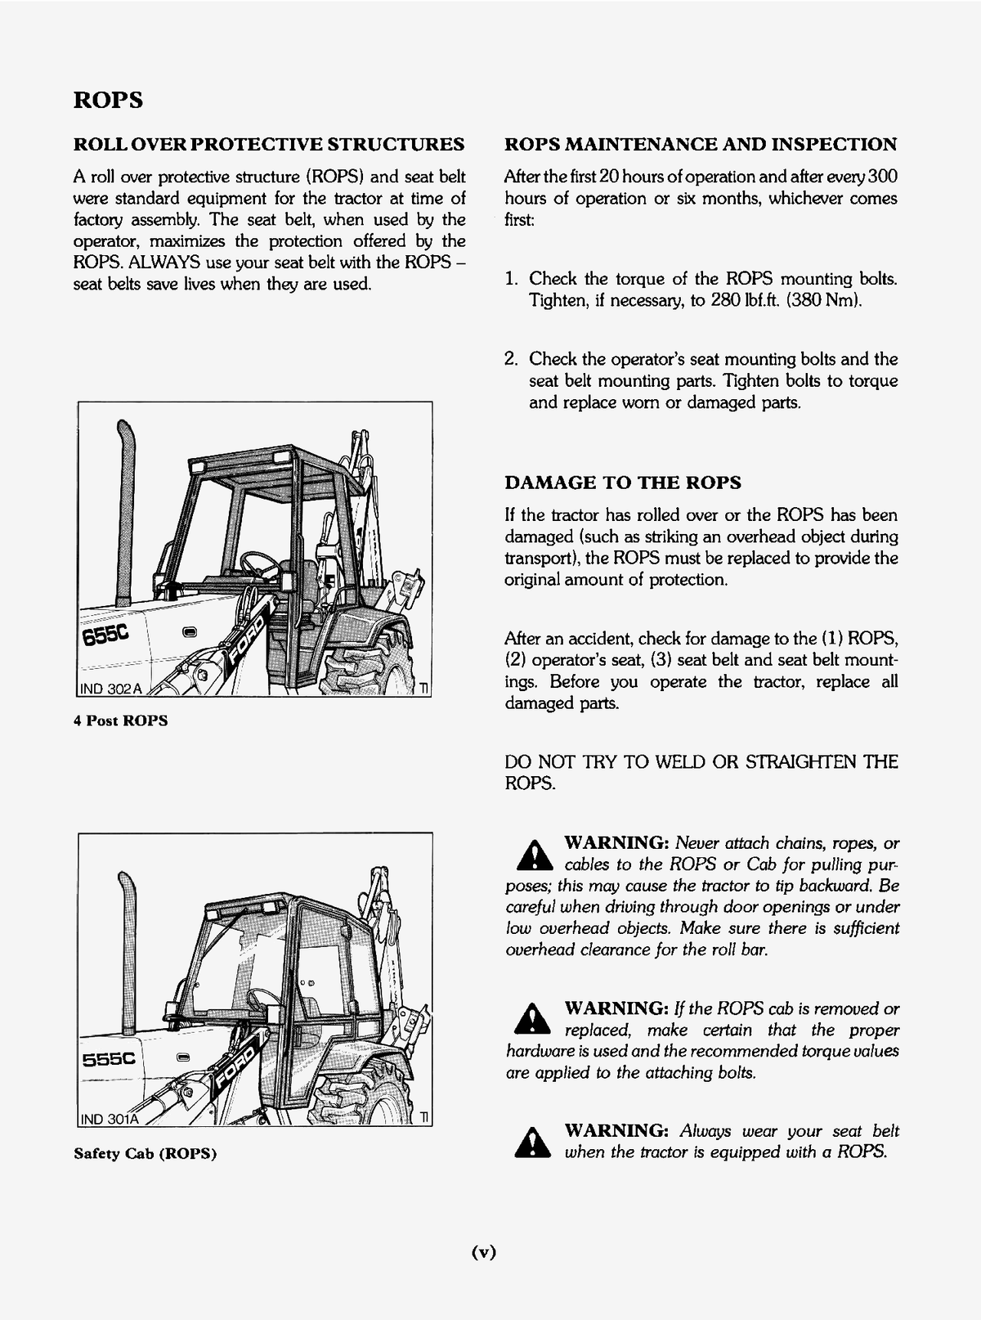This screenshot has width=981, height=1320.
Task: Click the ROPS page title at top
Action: coord(108,100)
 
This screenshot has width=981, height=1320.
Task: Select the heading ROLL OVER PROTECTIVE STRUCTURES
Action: coord(269,145)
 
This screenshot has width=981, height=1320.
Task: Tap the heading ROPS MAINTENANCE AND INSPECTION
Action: coord(701,145)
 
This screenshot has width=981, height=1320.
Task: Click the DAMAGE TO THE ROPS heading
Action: coord(623,483)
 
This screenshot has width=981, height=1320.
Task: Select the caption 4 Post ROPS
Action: coord(120,721)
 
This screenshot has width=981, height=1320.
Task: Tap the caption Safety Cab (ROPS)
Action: coord(145,1154)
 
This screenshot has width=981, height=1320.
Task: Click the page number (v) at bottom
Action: coord(485,1251)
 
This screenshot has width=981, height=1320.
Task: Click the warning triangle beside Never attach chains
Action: coord(531,855)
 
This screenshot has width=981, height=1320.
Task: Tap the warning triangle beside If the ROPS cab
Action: coord(531,1019)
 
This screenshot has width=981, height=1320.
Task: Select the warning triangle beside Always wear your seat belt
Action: coord(531,1143)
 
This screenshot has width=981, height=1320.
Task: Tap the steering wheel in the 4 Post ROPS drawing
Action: coord(259,561)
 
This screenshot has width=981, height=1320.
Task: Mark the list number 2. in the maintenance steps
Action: coord(512,359)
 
